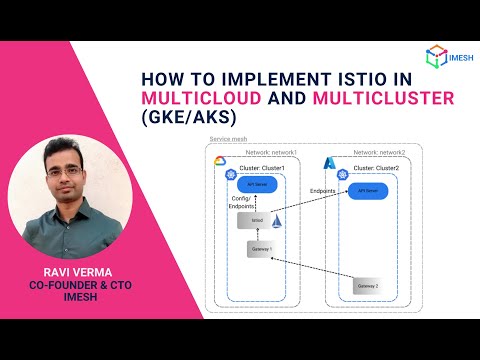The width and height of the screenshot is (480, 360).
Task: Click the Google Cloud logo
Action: click(220, 162)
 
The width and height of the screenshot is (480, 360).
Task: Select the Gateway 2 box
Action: click(369, 287)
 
